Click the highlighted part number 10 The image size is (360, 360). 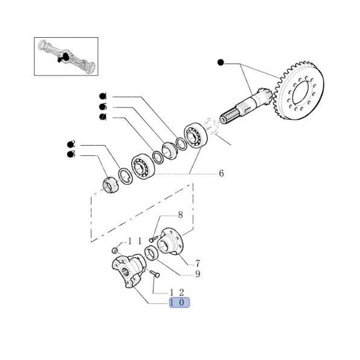179,302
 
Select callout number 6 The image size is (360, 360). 221,173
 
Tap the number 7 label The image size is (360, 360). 197,263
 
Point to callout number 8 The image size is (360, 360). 179,215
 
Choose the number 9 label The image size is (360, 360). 197,275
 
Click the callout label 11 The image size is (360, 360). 134,241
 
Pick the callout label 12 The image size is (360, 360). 179,292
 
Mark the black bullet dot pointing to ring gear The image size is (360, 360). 220,62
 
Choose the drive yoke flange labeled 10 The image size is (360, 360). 128,272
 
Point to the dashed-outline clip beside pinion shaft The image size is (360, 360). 211,125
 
